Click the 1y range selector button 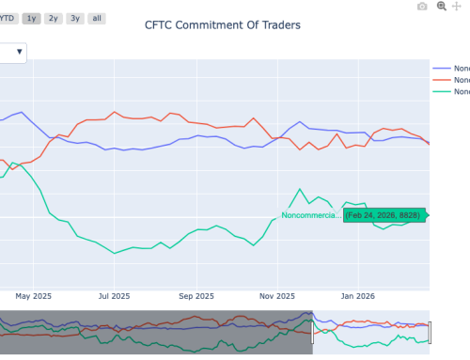pos(33,18)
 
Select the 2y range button pos(54,18)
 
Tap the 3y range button pos(74,18)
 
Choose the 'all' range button pos(97,18)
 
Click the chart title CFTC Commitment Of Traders pos(222,25)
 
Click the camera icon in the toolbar pos(422,7)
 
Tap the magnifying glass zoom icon pos(441,7)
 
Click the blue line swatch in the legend pos(441,68)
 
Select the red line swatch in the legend pos(441,80)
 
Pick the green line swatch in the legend pos(441,92)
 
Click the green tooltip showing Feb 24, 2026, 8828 pos(384,215)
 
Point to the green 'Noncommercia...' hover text pos(310,215)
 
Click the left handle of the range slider pos(313,332)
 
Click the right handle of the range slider pos(430,332)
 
